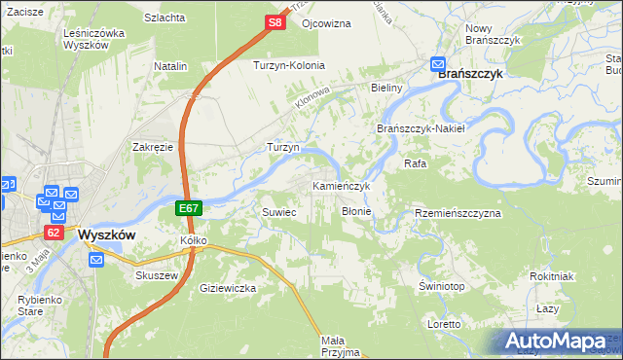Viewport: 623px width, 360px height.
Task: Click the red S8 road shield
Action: (276, 22)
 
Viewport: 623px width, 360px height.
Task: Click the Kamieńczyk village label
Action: (341, 185)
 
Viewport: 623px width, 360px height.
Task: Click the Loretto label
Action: (443, 323)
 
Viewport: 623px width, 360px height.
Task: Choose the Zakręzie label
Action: (153, 147)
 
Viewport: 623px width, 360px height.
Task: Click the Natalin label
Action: (170, 66)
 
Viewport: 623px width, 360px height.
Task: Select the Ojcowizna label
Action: (326, 22)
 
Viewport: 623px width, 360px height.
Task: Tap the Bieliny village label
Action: (386, 88)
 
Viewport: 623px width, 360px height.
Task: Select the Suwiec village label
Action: (279, 211)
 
